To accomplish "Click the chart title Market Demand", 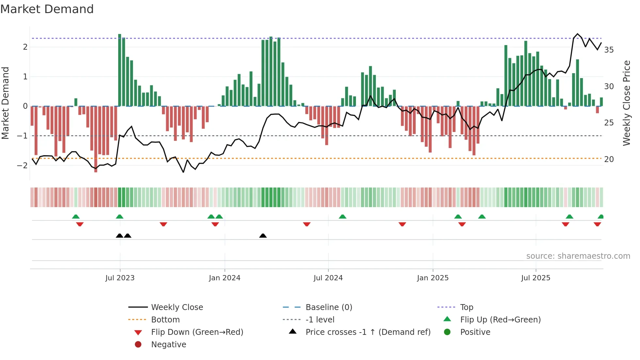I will coord(47,9).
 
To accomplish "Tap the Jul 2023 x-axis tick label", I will coord(120,278).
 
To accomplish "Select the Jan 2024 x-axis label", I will coord(225,278).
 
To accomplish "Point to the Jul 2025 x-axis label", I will coord(536,278).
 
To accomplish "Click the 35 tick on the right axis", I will coord(609,50).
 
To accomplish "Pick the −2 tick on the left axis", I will coord(22,165).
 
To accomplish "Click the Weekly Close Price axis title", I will coord(626,103).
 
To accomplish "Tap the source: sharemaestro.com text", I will coord(578,256).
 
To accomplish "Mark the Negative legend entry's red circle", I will coord(138,345).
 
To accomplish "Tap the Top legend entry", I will coord(466,307).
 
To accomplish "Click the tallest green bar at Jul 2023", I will coord(120,70).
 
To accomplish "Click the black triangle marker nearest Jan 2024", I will coord(263,236).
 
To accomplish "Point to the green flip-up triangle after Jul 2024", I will coord(342,217).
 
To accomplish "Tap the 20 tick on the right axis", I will coord(609,159).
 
